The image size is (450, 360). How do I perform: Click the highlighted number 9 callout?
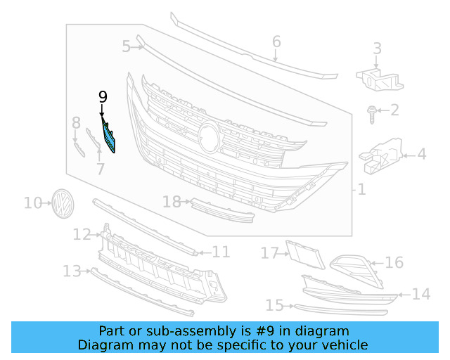pos(103,97)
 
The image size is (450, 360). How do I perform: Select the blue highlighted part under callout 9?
pos(110,136)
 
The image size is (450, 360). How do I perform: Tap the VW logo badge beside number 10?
pos(63,203)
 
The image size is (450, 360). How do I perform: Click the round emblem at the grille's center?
pos(208,136)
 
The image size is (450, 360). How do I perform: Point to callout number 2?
pos(394,110)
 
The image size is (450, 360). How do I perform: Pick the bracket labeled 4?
pos(381,157)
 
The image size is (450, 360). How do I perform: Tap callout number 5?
pos(126,46)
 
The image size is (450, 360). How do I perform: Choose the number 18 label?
pos(172,202)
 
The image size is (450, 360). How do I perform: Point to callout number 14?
pos(420,294)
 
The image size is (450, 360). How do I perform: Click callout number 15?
pos(274,305)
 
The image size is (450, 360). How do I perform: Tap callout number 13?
pos(72,271)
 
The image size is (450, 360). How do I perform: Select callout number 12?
pos(82,234)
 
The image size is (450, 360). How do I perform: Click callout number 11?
pos(221,252)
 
